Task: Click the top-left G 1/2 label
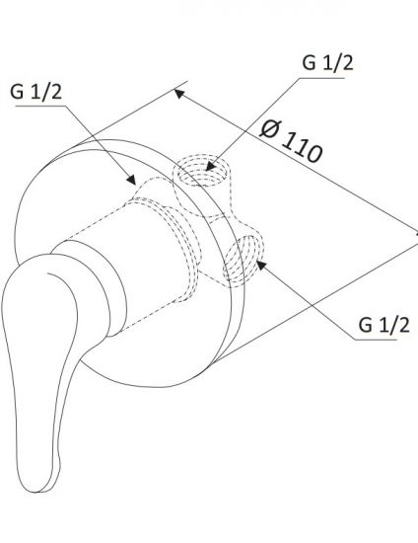tap(35, 92)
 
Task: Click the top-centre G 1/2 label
tap(327, 62)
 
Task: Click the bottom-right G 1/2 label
tap(383, 325)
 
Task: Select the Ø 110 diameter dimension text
tap(292, 140)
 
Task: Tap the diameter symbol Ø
tap(271, 128)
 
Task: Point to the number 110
tap(302, 147)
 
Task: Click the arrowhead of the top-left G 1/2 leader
tap(131, 180)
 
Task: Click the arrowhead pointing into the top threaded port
tap(211, 166)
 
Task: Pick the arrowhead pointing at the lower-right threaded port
tap(261, 265)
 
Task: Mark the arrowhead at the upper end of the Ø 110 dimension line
tap(178, 94)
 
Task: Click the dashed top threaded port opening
tap(202, 170)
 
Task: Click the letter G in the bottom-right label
tap(365, 325)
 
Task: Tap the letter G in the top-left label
tap(17, 92)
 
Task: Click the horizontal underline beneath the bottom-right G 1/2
tap(376, 340)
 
